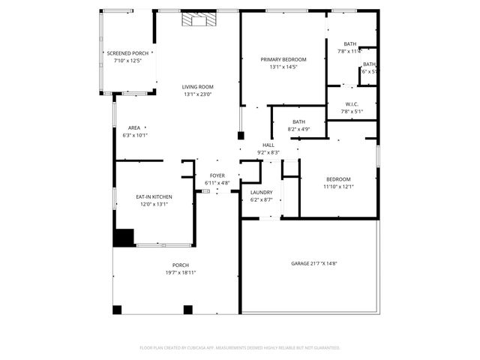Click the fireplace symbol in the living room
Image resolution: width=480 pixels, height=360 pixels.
tap(198, 20)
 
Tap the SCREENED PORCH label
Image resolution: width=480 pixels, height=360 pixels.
tap(128, 53)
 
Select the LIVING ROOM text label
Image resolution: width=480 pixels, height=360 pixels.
tap(198, 87)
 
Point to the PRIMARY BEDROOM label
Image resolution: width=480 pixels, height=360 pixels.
tap(283, 59)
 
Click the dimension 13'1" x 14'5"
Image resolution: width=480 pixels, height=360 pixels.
tap(283, 67)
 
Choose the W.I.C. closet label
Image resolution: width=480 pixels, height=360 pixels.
tap(352, 104)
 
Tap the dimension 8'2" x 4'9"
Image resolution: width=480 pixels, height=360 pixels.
tap(298, 129)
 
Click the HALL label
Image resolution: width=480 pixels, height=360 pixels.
tap(268, 145)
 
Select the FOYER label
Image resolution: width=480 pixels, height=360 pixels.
tap(217, 175)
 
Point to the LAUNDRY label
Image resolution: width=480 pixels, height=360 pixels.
tap(261, 193)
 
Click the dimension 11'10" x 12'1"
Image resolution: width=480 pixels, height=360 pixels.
tap(338, 186)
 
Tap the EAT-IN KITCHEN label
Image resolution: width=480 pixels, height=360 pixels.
tap(154, 196)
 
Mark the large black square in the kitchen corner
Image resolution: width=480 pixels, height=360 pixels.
tap(123, 237)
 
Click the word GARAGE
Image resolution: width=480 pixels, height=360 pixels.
tap(301, 263)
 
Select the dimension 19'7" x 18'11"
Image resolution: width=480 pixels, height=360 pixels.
tap(181, 272)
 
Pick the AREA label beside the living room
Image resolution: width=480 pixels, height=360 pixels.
tap(134, 127)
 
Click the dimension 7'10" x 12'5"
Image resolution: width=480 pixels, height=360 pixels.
tap(128, 61)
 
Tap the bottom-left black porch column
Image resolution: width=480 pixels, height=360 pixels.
tap(117, 310)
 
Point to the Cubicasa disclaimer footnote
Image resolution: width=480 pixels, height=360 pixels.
tap(240, 347)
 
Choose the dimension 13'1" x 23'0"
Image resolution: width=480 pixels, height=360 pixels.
tap(198, 94)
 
